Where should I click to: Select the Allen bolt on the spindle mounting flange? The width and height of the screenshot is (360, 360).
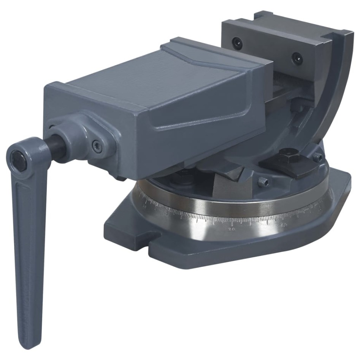(97, 146)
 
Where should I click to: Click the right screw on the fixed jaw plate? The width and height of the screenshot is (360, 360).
(297, 58)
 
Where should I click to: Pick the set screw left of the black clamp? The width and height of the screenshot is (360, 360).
(264, 182)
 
